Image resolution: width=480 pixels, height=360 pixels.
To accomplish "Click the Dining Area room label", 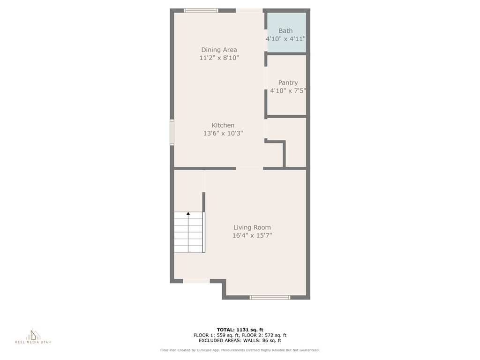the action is tap(219, 50).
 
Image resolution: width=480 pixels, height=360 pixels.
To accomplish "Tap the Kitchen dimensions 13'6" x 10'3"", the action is tap(223, 133).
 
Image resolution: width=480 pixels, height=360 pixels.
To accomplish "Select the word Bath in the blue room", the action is tap(285, 30).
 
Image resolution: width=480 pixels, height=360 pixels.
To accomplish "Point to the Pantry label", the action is tap(288, 82).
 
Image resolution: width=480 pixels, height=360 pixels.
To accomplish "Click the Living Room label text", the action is tap(252, 227).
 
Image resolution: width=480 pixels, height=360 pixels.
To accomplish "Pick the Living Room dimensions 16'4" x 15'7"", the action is tap(252, 235).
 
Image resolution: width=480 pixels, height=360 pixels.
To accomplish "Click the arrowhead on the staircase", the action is tap(188, 213).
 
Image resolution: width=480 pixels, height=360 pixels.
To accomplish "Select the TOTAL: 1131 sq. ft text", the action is tap(240, 330).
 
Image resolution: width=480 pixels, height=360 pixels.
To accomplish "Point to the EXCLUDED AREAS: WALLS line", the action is tap(240, 340).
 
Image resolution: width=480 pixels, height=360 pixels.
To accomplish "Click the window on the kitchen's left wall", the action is tap(172, 132).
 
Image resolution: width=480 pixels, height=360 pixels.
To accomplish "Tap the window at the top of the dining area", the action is tap(201, 11).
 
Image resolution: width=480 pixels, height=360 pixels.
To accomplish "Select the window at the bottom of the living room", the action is tap(270, 297).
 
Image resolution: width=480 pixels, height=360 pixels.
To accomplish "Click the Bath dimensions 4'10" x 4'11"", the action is tap(285, 39).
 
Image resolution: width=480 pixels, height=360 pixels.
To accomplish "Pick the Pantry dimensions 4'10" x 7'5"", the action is tap(288, 90).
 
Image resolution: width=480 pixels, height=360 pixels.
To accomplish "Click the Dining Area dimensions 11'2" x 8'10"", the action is tap(219, 58).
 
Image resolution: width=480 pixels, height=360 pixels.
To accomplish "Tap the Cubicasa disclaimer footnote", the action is tap(240, 350).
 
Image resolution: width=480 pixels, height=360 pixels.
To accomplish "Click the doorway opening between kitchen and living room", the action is tap(249, 168).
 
